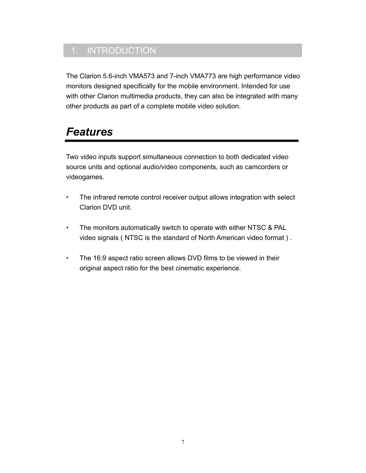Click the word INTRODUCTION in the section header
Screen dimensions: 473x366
click(x=121, y=51)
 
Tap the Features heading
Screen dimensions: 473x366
click(x=90, y=132)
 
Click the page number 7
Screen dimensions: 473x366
click(x=183, y=442)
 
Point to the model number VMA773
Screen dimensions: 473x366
click(x=203, y=76)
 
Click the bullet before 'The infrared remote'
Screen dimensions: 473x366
click(x=67, y=197)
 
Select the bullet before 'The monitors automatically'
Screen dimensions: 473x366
click(x=67, y=228)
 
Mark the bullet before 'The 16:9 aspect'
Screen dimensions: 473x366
click(x=67, y=258)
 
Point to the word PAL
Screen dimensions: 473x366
click(x=280, y=228)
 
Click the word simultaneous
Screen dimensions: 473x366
click(x=162, y=157)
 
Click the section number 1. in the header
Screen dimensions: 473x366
click(x=74, y=51)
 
